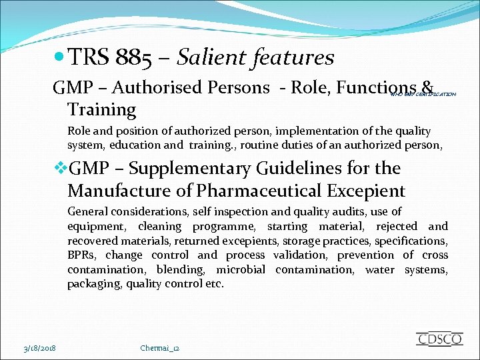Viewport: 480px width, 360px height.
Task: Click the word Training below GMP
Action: [x=101, y=109]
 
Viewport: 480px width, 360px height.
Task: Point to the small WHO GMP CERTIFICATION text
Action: [x=423, y=95]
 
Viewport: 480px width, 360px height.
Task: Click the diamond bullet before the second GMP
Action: [x=60, y=168]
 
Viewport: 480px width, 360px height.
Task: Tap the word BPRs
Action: [x=83, y=255]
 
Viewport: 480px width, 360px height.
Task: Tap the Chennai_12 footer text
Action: [x=160, y=348]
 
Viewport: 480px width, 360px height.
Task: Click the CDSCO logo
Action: [x=439, y=339]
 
